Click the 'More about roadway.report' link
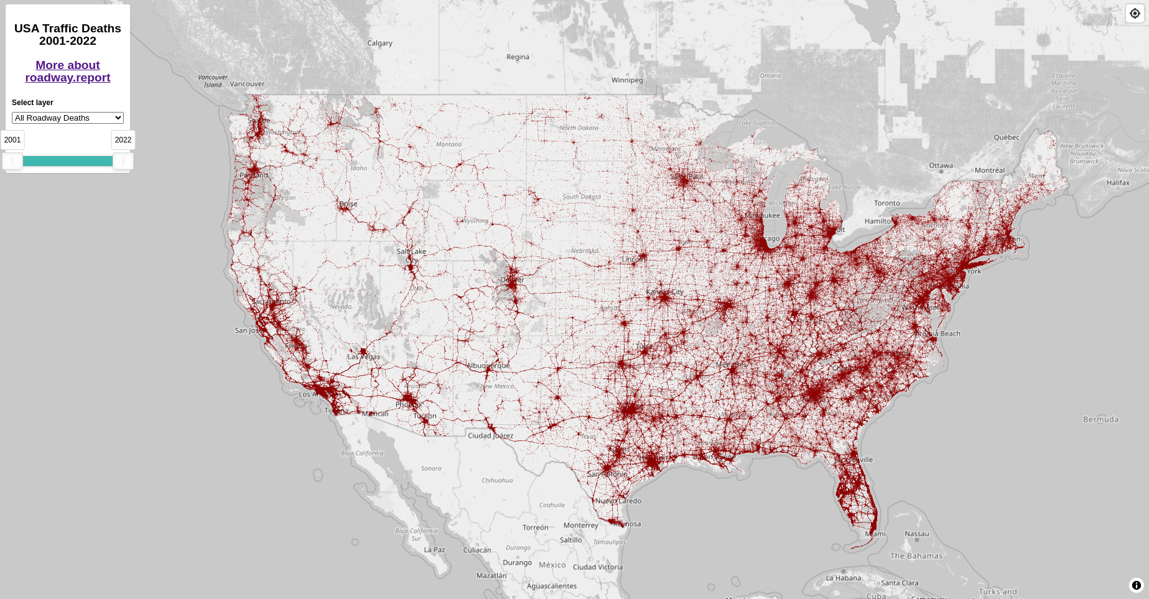pyautogui.click(x=67, y=71)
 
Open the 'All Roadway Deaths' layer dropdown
pyautogui.click(x=68, y=118)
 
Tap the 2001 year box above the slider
pyautogui.click(x=12, y=140)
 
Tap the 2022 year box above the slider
pyautogui.click(x=123, y=140)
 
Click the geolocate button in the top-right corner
pyautogui.click(x=1135, y=14)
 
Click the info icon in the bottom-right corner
pyautogui.click(x=1136, y=585)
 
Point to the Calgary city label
pyautogui.click(x=379, y=44)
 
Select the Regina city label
pyautogui.click(x=518, y=57)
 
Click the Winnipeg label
pyautogui.click(x=627, y=80)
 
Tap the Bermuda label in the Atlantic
pyautogui.click(x=1100, y=420)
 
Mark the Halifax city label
pyautogui.click(x=1118, y=183)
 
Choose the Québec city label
pyautogui.click(x=1007, y=137)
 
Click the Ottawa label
pyautogui.click(x=941, y=165)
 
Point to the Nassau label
pyautogui.click(x=916, y=534)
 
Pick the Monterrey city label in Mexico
pyautogui.click(x=580, y=526)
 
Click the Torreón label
pyautogui.click(x=536, y=527)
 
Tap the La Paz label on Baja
pyautogui.click(x=434, y=550)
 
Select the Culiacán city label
pyautogui.click(x=477, y=550)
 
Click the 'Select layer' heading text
pyautogui.click(x=32, y=103)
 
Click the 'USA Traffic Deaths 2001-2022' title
pyautogui.click(x=68, y=35)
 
